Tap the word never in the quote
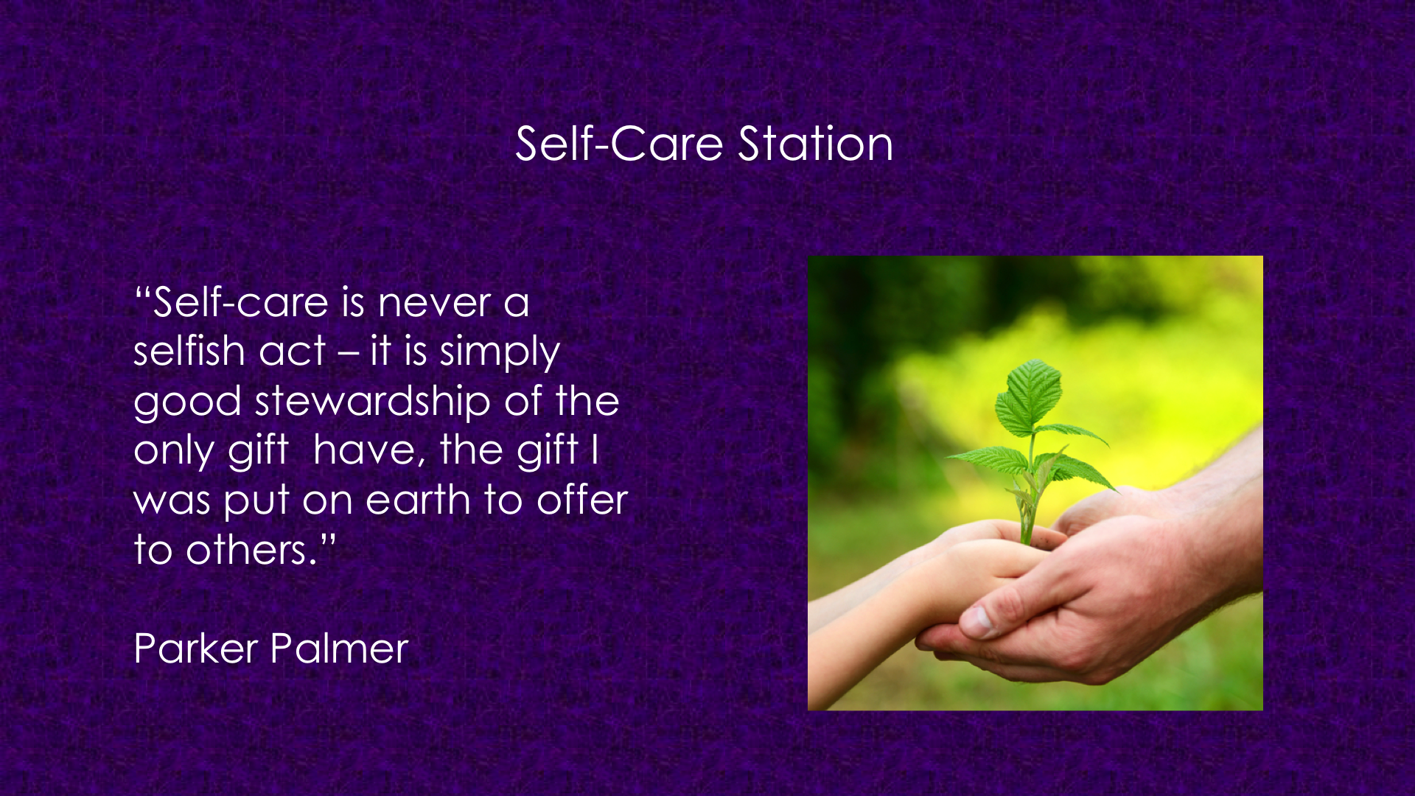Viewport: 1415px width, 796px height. [x=435, y=303]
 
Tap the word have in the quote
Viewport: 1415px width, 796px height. [x=369, y=450]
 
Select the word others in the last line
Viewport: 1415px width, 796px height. [x=246, y=549]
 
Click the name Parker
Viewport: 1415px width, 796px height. [x=196, y=649]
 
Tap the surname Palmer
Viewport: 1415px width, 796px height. [x=339, y=649]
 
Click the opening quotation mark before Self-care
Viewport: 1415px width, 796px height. [x=143, y=292]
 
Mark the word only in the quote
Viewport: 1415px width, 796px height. [x=174, y=451]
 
